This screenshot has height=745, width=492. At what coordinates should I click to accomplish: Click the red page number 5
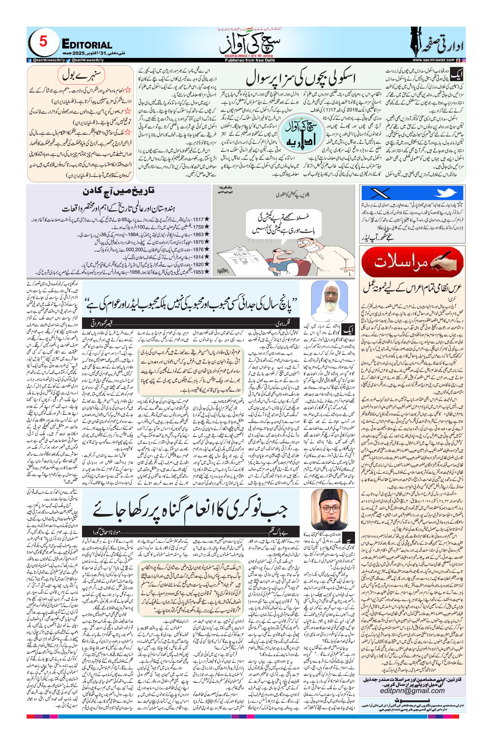coord(43,42)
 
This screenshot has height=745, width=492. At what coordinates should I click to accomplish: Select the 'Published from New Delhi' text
coord(249,60)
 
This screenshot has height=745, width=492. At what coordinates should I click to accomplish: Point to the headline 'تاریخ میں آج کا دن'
coord(118,191)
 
